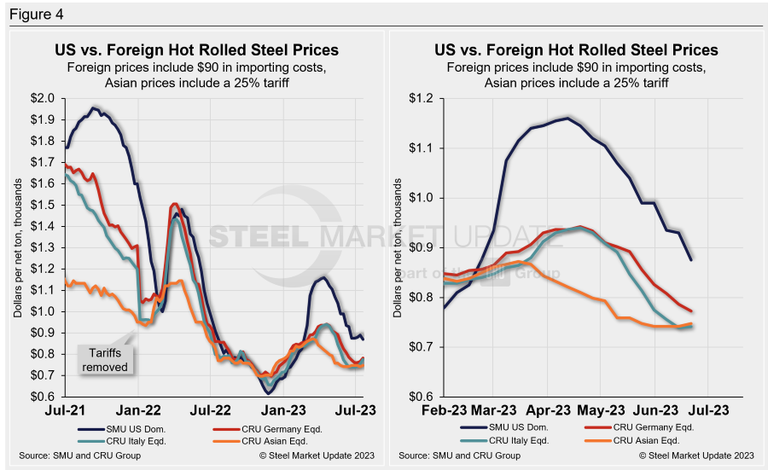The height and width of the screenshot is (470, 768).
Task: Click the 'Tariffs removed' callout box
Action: (104, 361)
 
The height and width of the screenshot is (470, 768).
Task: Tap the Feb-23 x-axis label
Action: (444, 409)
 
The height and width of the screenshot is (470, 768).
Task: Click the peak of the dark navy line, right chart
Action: (567, 119)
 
